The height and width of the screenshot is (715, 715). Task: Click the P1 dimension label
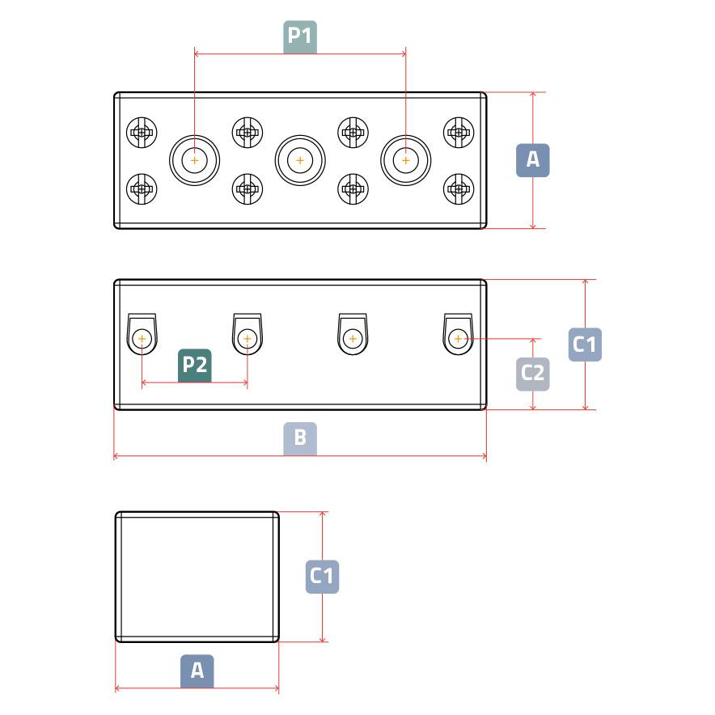[300, 37]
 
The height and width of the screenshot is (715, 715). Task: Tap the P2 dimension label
[194, 365]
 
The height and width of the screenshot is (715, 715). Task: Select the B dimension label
[300, 438]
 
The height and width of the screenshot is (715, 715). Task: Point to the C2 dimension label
[533, 373]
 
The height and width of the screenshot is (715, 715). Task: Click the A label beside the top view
[533, 160]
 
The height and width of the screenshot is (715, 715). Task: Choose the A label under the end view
[197, 671]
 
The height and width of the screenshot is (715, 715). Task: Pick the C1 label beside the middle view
[585, 345]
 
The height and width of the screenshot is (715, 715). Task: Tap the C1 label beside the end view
[322, 577]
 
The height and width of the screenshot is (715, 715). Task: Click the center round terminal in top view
[300, 161]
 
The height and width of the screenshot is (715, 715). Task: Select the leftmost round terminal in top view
[194, 161]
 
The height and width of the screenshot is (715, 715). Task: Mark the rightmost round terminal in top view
[405, 161]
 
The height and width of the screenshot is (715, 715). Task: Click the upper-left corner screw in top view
[142, 131]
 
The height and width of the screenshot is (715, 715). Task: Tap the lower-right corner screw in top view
[458, 190]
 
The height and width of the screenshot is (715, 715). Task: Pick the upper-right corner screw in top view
[458, 131]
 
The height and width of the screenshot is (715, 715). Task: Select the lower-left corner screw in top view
[142, 190]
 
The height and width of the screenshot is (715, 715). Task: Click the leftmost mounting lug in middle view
[142, 335]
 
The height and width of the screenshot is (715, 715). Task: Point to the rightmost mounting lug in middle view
[458, 335]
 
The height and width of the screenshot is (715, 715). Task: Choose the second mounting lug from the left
[247, 335]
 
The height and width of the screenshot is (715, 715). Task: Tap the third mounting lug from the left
[353, 335]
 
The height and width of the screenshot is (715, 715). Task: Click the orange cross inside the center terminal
[300, 161]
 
